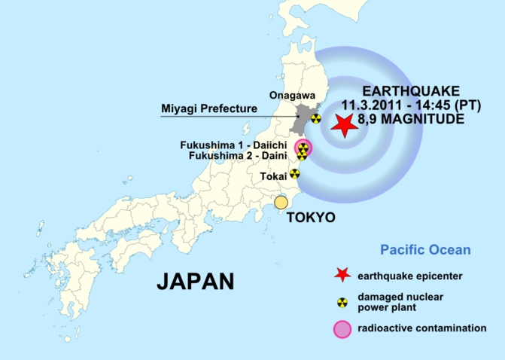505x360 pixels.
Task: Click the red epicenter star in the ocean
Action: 344,126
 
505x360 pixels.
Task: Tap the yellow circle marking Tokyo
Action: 281,202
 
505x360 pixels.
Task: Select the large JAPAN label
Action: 195,281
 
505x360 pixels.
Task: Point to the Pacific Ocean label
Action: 425,249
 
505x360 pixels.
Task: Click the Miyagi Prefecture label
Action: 209,109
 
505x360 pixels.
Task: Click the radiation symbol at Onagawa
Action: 316,117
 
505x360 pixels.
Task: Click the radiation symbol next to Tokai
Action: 295,173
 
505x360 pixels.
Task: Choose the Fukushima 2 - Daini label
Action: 239,155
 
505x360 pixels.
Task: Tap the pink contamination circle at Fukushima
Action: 303,148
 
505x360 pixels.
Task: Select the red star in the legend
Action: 342,275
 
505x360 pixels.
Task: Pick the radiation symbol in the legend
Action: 342,302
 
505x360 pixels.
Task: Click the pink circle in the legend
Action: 342,329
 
